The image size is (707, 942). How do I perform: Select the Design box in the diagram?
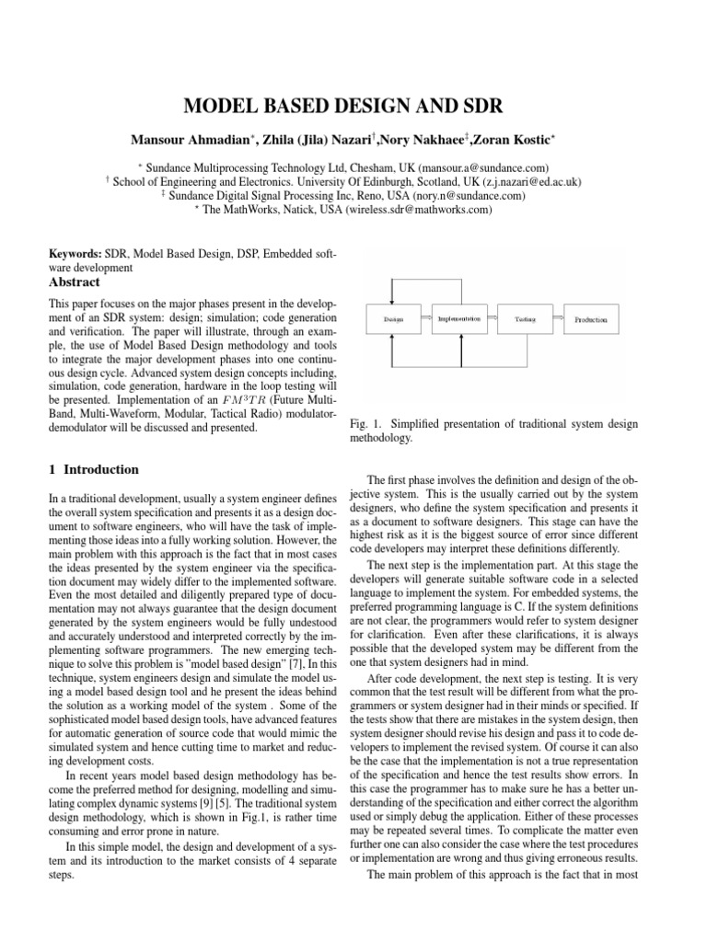pos(392,318)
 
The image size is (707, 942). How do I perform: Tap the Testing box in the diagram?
pos(526,318)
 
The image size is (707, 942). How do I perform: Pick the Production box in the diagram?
pos(591,318)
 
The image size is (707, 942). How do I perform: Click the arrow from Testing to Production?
pos(555,318)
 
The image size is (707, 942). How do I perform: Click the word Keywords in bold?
pos(75,252)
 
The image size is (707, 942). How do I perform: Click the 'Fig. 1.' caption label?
pos(366,423)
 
